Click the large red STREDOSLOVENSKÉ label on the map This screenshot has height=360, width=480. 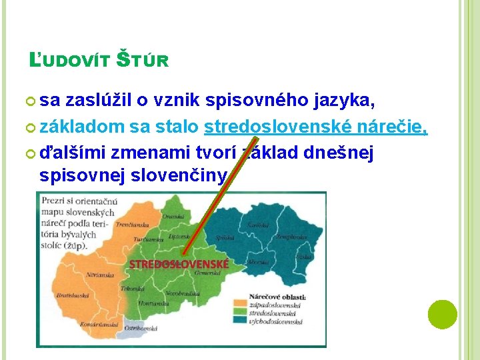179,264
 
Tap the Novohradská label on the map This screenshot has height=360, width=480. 179,294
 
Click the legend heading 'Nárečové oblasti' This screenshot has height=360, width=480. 277,297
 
